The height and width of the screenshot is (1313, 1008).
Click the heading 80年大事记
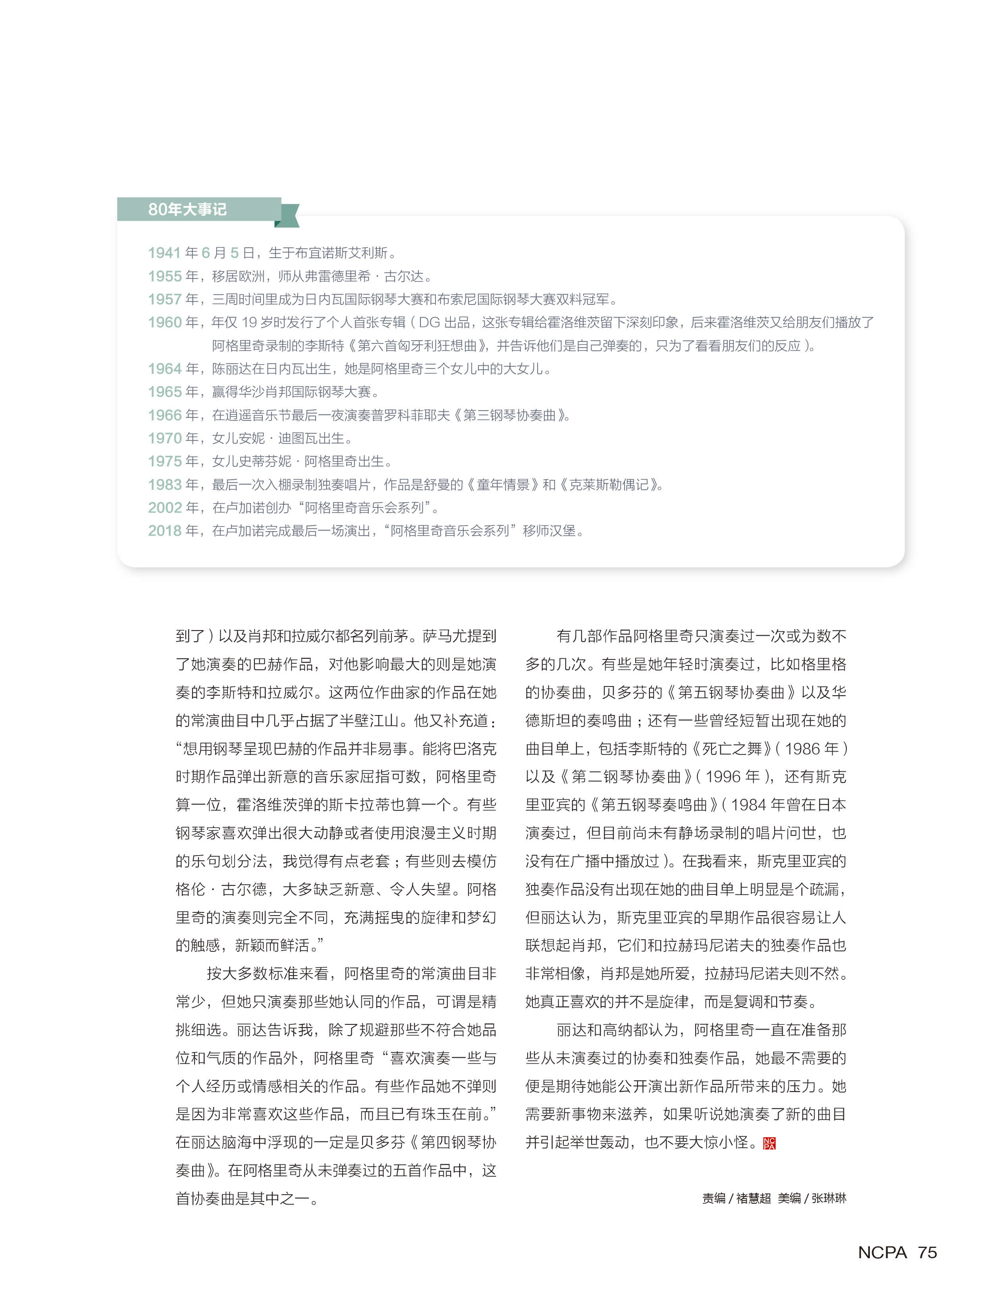point(187,209)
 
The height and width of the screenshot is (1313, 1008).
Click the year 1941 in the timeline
point(164,253)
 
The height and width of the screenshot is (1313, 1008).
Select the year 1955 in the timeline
point(164,276)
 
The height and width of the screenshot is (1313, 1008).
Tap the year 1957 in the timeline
point(164,299)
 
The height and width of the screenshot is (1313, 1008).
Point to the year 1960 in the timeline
point(164,322)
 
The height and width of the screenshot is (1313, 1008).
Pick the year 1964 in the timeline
point(164,368)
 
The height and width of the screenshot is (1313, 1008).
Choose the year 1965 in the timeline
point(164,392)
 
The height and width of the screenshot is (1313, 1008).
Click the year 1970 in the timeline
point(164,438)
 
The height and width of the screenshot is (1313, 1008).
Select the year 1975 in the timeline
point(164,461)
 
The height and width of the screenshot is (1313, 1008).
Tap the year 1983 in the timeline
point(164,484)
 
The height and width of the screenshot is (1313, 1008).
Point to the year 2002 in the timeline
point(164,508)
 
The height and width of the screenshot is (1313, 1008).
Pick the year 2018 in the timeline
point(164,530)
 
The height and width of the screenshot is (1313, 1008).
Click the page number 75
point(927,1252)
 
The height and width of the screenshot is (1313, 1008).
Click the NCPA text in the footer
point(882,1252)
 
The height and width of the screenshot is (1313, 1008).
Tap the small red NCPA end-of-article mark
point(769,1143)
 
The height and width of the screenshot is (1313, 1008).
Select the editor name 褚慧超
point(753,1198)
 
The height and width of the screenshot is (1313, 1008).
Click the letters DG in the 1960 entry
point(429,322)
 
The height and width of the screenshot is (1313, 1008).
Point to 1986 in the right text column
point(802,749)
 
